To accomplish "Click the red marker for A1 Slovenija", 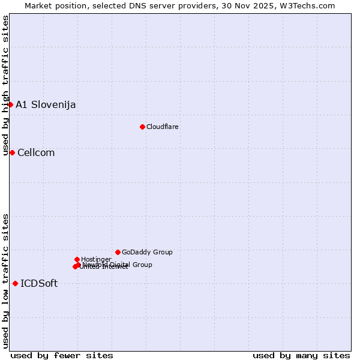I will [x=10, y=104].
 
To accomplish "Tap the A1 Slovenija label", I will [x=46, y=105].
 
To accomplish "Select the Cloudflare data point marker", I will [x=142, y=127].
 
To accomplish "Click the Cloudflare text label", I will [x=163, y=127].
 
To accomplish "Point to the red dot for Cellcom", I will [x=12, y=152].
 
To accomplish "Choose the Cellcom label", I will [x=36, y=153].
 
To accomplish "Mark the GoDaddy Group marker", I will [x=118, y=252].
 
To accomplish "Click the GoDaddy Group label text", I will [x=147, y=253].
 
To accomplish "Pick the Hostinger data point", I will [x=77, y=259].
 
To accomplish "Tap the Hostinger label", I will [x=96, y=259].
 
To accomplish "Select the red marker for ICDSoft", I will [x=15, y=283].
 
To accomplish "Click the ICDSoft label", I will [x=39, y=284].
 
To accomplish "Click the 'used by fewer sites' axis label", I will [x=62, y=355].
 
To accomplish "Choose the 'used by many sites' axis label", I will [x=301, y=355].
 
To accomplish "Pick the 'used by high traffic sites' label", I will [x=5, y=86].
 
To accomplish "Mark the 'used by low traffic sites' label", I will [x=5, y=281].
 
